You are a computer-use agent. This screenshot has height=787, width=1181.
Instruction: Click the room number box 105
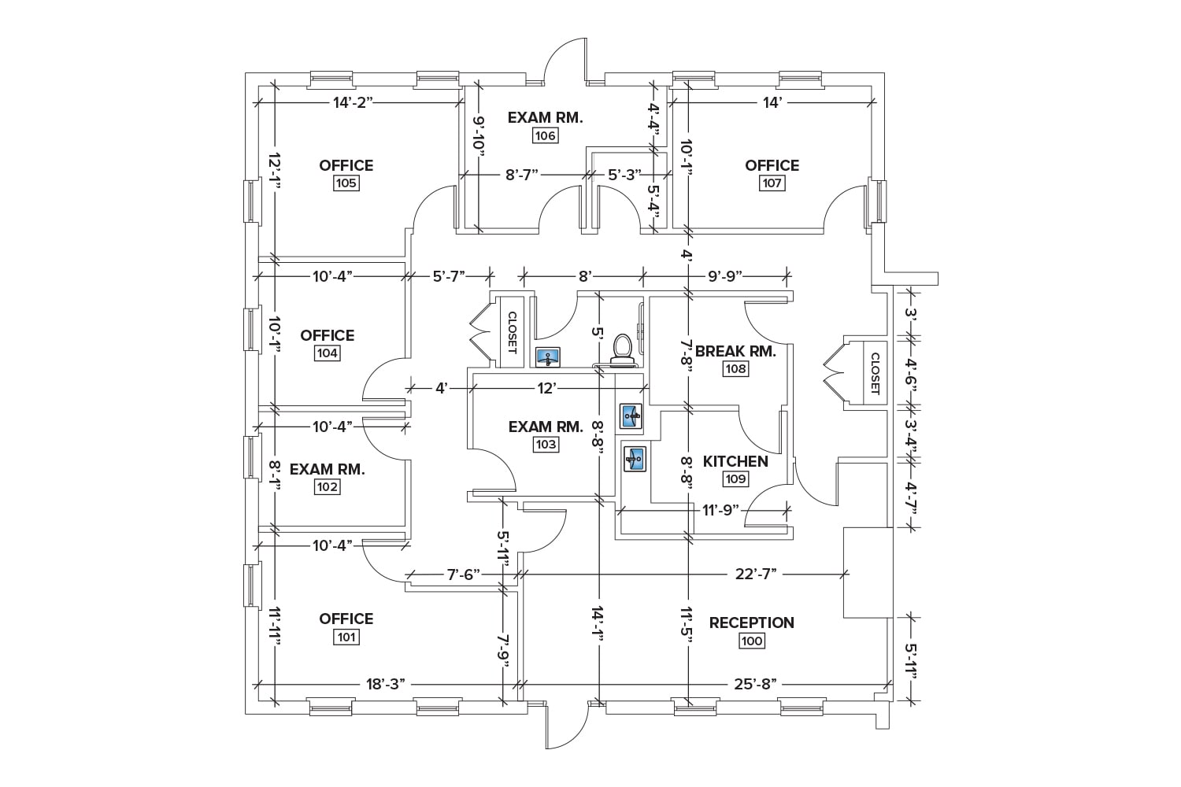click(346, 183)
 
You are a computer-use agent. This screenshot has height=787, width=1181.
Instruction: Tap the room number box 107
click(772, 183)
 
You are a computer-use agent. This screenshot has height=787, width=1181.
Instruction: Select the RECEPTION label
click(751, 623)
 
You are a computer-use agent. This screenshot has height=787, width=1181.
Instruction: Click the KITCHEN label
click(735, 461)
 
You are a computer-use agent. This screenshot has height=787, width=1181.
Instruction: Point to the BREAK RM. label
click(735, 351)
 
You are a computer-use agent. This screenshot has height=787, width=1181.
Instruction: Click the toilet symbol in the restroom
click(622, 350)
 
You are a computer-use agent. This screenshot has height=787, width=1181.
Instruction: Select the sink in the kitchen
click(635, 457)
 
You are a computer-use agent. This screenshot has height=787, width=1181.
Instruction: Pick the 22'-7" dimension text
click(756, 574)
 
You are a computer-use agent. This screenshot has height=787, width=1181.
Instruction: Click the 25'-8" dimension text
click(756, 684)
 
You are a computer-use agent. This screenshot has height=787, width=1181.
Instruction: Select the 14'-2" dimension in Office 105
click(352, 102)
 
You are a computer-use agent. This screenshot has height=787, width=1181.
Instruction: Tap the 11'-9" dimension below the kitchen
click(720, 509)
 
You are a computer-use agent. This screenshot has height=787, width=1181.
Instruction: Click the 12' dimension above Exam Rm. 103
click(548, 387)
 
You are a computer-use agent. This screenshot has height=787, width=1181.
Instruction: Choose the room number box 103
click(546, 445)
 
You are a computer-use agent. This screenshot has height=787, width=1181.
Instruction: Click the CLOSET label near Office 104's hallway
click(512, 332)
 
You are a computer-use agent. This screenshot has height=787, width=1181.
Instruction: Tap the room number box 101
click(346, 637)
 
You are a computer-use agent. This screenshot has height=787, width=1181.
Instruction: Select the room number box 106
click(545, 135)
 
